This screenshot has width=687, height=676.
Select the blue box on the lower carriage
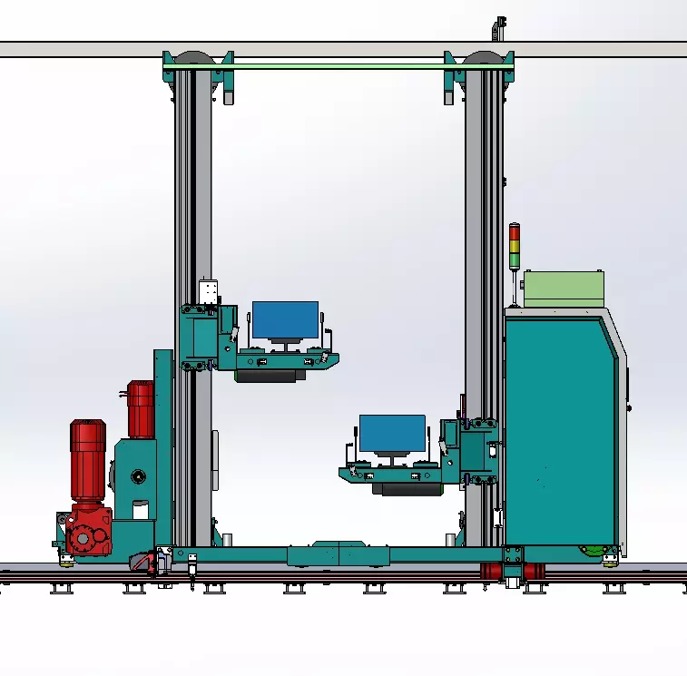click(x=392, y=433)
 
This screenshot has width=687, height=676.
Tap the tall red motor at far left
click(x=88, y=462)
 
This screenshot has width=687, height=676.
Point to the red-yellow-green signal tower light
click(x=515, y=246)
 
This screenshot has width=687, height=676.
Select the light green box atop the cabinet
click(x=564, y=289)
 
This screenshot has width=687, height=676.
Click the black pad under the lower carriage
click(x=407, y=488)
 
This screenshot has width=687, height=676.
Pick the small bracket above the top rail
click(x=496, y=26)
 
